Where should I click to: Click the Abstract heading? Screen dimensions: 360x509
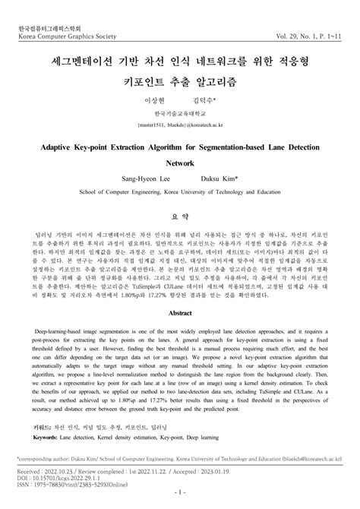point(180,312)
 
